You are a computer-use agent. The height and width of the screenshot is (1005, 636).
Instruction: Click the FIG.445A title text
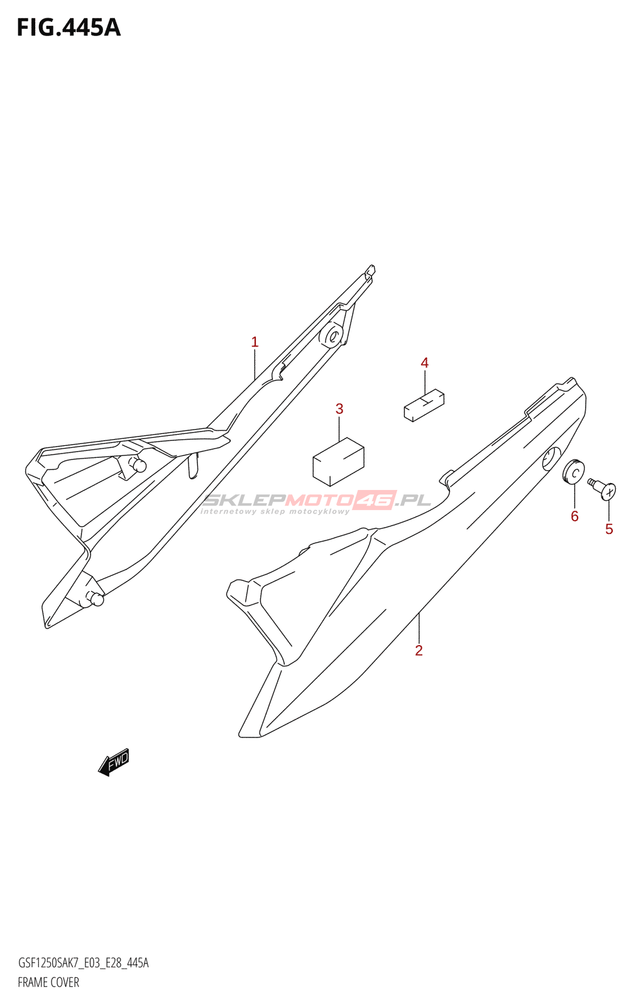coord(68,28)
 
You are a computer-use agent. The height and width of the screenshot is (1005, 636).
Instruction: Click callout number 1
coord(255,342)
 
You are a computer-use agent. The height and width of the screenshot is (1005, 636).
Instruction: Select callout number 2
coord(419,651)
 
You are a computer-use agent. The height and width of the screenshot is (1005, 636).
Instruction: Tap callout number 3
coord(339,409)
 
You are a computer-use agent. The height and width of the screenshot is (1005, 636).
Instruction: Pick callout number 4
coord(425,363)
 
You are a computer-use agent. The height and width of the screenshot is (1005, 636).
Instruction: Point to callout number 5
coord(608,530)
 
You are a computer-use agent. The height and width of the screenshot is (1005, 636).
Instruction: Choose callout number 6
coord(574,516)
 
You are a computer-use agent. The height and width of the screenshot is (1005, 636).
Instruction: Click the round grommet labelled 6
coord(573,472)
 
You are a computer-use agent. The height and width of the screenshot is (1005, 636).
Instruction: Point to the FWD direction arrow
coord(114,762)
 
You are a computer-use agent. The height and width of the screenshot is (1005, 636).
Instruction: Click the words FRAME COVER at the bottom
coord(48,982)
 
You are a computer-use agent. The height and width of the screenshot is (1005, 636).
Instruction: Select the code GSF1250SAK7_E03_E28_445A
coord(83,963)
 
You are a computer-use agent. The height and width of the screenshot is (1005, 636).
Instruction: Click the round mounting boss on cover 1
coord(331,335)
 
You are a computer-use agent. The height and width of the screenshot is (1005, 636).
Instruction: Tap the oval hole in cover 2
coord(551,459)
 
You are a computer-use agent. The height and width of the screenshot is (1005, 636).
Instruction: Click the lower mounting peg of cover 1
coord(96,599)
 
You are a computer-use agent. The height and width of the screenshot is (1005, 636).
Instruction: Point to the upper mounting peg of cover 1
coord(138,465)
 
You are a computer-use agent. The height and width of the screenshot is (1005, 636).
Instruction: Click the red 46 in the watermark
coord(375,500)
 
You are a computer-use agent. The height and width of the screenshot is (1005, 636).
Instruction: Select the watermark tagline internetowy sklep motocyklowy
coord(275,511)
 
